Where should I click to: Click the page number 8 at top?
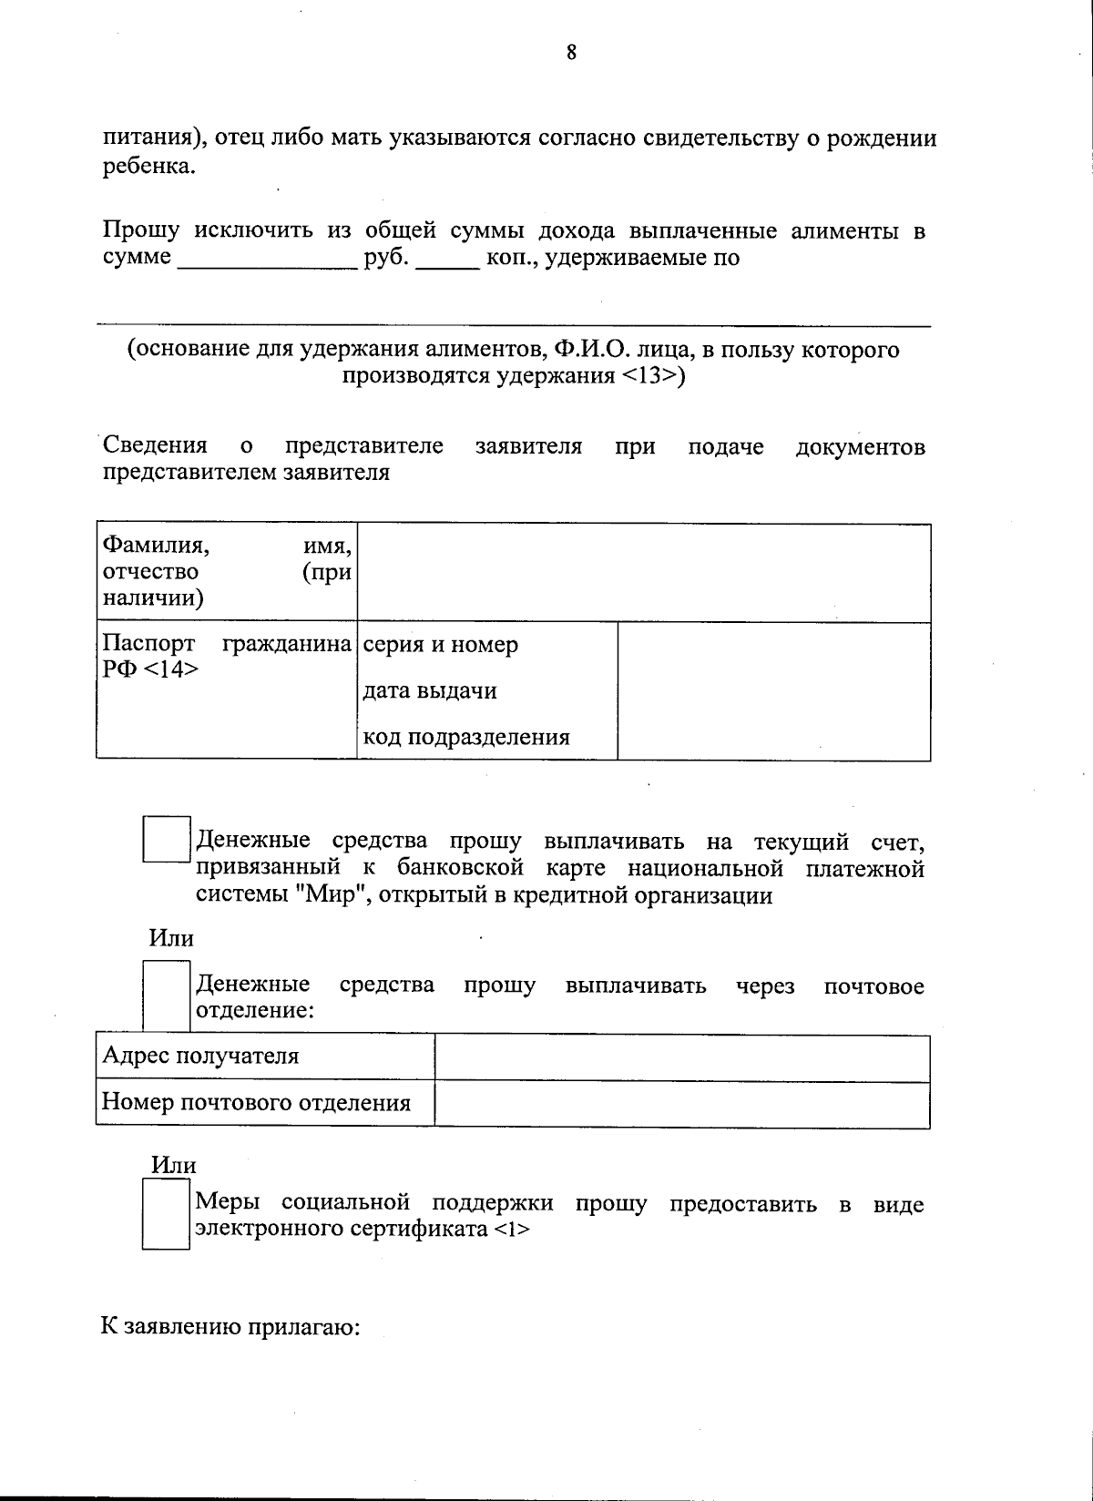click(571, 53)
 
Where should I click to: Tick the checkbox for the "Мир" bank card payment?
click(167, 840)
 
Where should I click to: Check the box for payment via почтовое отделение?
click(167, 996)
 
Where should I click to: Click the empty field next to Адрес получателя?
click(681, 1057)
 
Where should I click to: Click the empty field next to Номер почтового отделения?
click(681, 1104)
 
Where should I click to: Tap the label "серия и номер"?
click(441, 646)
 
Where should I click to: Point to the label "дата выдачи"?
click(430, 691)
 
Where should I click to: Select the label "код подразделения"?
click(466, 738)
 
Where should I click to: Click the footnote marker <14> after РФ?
click(172, 670)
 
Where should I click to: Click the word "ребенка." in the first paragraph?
click(148, 167)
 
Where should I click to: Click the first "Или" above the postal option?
click(171, 938)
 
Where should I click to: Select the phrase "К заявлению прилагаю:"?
click(231, 1327)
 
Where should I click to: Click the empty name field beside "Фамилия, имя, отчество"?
click(643, 573)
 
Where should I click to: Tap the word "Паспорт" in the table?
click(148, 644)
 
